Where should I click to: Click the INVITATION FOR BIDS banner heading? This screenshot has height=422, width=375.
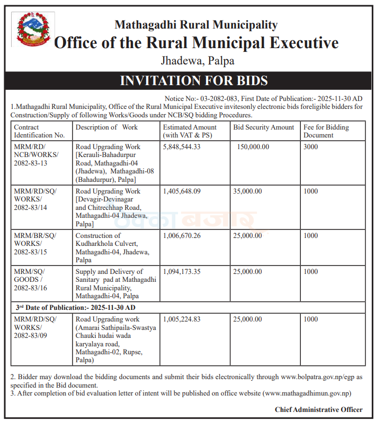coord(194,81)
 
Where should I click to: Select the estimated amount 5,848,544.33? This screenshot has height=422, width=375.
coord(182,146)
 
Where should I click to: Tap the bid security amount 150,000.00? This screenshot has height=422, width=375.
coord(253,146)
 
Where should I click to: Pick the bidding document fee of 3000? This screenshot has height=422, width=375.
coord(311,146)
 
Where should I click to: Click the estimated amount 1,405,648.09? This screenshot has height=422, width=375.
coord(182,191)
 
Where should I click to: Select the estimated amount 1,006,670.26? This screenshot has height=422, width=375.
coord(182,235)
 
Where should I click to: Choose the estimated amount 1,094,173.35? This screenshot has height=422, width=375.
coord(182,271)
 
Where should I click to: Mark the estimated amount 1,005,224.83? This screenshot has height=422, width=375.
coord(182,319)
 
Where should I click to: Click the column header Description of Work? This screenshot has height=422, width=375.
coord(106,127)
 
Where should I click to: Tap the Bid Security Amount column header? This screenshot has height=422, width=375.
coord(263,127)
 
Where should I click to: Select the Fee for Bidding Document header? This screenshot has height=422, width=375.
coord(326,131)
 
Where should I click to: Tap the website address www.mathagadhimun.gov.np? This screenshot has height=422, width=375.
coord(306,393)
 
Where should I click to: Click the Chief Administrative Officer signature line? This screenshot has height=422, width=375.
coord(318,409)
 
